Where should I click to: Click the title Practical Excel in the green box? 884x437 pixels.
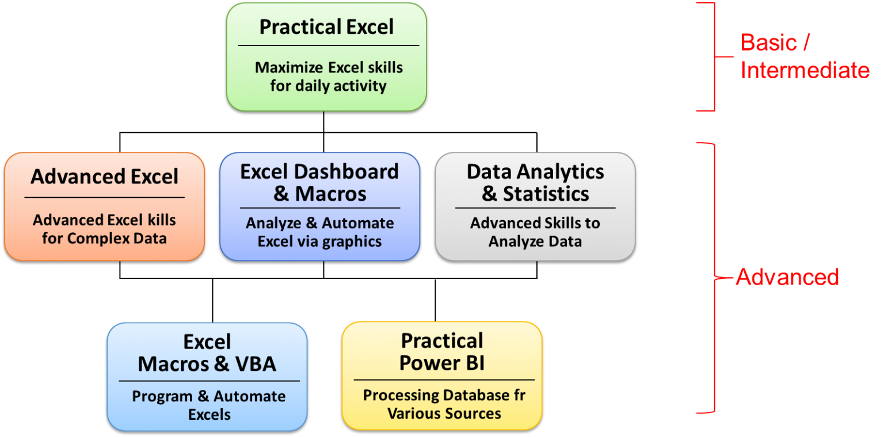pyautogui.click(x=326, y=27)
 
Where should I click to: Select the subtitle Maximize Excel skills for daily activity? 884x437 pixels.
pyautogui.click(x=329, y=76)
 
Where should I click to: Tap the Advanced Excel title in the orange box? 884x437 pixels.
pyautogui.click(x=105, y=177)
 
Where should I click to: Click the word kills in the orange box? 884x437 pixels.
pyautogui.click(x=162, y=220)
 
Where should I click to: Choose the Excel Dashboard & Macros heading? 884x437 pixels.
pyautogui.click(x=319, y=183)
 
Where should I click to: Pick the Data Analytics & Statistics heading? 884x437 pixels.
pyautogui.click(x=535, y=183)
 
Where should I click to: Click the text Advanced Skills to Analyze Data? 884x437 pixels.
pyautogui.click(x=535, y=232)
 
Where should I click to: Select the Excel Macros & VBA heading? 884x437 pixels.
pyautogui.click(x=207, y=353)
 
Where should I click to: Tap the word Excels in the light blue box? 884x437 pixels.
pyautogui.click(x=209, y=415)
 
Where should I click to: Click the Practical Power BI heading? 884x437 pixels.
pyautogui.click(x=442, y=352)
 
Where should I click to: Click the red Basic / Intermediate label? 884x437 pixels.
pyautogui.click(x=805, y=56)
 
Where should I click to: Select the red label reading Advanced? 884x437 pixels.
pyautogui.click(x=787, y=277)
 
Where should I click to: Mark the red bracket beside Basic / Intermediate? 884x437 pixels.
pyautogui.click(x=715, y=57)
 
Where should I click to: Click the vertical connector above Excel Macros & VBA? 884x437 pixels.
pyautogui.click(x=213, y=301)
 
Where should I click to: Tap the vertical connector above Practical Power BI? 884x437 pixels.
pyautogui.click(x=435, y=300)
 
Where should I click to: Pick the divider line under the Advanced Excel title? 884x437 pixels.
pyautogui.click(x=105, y=197)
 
